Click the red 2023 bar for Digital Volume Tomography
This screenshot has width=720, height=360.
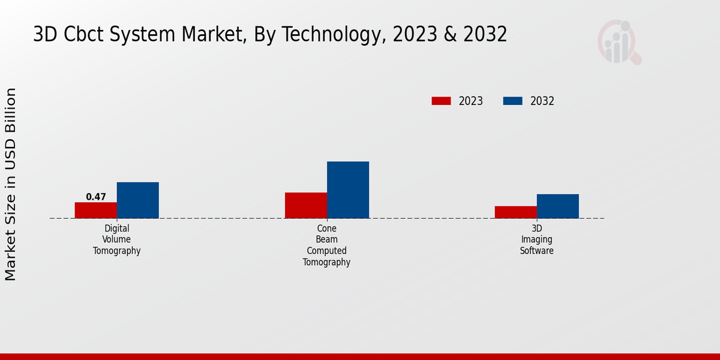95,210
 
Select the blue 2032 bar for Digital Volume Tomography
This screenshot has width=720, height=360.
137,200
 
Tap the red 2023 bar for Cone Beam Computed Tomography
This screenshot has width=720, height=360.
305,205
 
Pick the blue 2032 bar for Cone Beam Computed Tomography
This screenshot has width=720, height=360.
347,190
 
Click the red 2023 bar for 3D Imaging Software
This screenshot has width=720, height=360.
515,212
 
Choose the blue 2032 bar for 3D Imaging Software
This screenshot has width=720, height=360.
557,206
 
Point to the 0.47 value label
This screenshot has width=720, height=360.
96,197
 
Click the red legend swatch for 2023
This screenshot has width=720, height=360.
441,101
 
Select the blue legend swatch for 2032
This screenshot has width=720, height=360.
512,101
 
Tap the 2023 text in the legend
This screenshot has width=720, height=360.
470,101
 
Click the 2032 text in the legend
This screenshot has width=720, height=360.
542,101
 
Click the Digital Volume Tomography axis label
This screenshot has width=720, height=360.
116,239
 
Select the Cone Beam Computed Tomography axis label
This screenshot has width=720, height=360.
326,245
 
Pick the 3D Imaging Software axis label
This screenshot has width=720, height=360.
536,239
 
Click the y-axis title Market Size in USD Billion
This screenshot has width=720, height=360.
11,184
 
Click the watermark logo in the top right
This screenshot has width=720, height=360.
619,42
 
